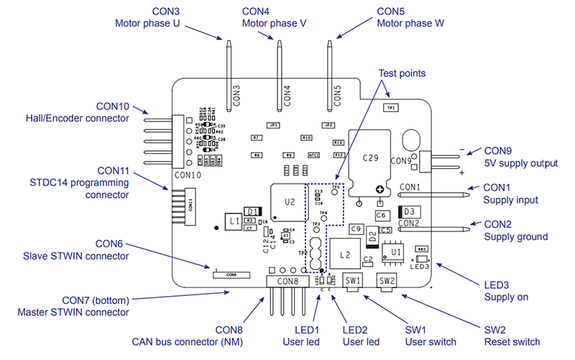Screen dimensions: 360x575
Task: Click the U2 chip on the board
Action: coord(290,202)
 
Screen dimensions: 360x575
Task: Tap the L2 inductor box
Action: coord(344,255)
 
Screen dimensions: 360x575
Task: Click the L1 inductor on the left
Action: coord(233,223)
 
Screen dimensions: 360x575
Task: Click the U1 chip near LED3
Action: coord(395,253)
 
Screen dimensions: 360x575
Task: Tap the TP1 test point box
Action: coord(392,108)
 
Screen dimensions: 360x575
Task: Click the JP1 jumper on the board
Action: coord(273,125)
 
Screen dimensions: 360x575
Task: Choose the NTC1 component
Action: coord(313,154)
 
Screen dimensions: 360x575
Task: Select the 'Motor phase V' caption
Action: coord(274,23)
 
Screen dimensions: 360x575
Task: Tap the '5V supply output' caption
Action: coord(520,163)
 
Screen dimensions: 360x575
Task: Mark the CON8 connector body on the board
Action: coord(285,280)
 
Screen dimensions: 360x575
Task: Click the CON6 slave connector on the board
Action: coord(231,274)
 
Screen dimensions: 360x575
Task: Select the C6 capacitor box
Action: coord(382,215)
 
